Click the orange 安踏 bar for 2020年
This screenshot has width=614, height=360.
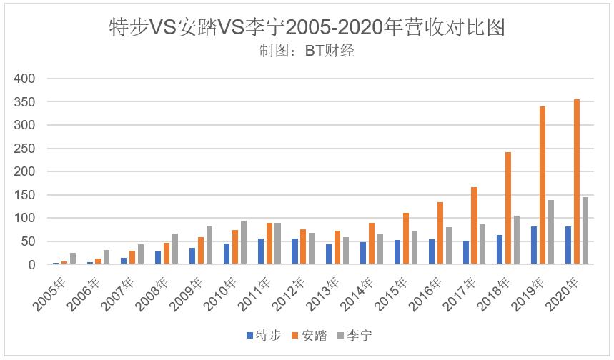coord(576,182)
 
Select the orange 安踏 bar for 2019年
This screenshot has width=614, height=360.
coord(542,186)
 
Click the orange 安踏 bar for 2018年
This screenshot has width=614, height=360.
coord(507,209)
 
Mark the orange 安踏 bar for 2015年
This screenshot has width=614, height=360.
coord(405,239)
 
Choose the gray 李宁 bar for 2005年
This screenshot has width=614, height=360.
coord(73,259)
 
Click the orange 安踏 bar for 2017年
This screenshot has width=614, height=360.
coord(473,226)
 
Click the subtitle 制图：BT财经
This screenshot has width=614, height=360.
coord(307,50)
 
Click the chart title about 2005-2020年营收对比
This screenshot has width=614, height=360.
coord(307,27)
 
